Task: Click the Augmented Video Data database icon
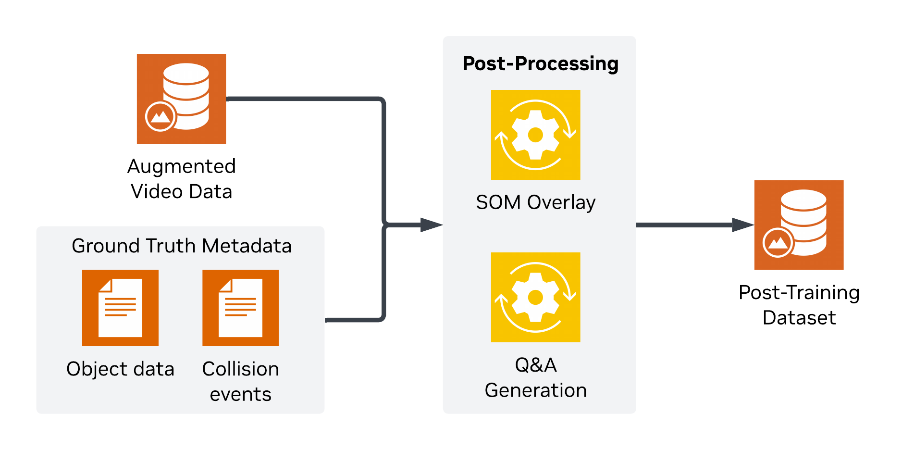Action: coord(181,99)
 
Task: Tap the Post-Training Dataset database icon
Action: coord(799,225)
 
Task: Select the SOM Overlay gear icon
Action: coord(535,135)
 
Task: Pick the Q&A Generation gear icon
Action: coord(535,297)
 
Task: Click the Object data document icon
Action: coord(120,308)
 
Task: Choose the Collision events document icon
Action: coord(240,308)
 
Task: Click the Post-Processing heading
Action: coord(540,63)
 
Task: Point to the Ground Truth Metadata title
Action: coord(181,246)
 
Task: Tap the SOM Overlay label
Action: coord(535,202)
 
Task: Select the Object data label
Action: coord(120,369)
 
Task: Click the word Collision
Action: coord(240,369)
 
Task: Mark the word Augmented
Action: coord(181,166)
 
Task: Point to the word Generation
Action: coord(535,390)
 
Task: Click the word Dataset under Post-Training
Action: coord(799,318)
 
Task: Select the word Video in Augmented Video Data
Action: coord(157,191)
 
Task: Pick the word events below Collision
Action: coord(240,394)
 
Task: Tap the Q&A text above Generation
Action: coord(535,365)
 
